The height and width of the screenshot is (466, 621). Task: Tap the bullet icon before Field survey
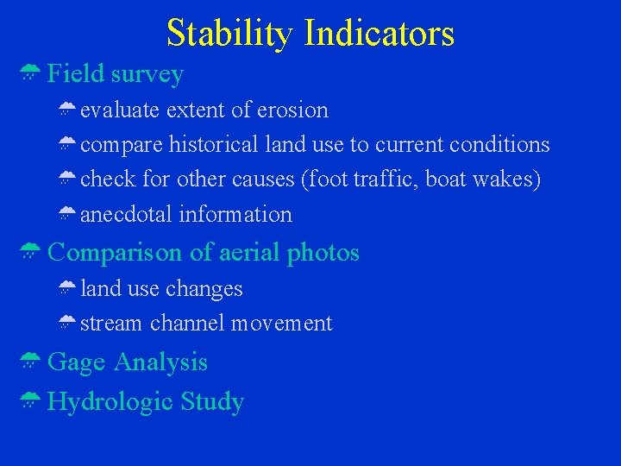click(x=29, y=74)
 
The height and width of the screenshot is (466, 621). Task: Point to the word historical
click(x=213, y=145)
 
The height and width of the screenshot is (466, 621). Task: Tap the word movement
click(x=284, y=324)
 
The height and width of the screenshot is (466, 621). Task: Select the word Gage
click(x=76, y=362)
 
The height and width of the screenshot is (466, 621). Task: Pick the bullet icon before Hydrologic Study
click(x=29, y=400)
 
